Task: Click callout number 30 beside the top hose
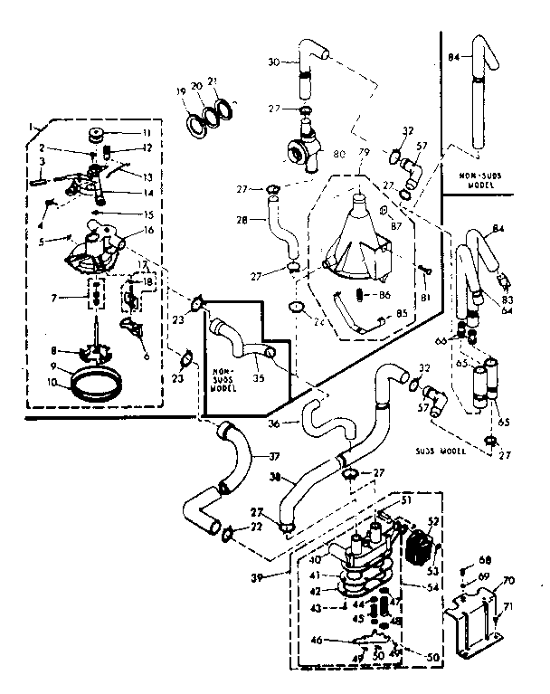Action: [273, 62]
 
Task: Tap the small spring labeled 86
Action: [358, 295]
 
